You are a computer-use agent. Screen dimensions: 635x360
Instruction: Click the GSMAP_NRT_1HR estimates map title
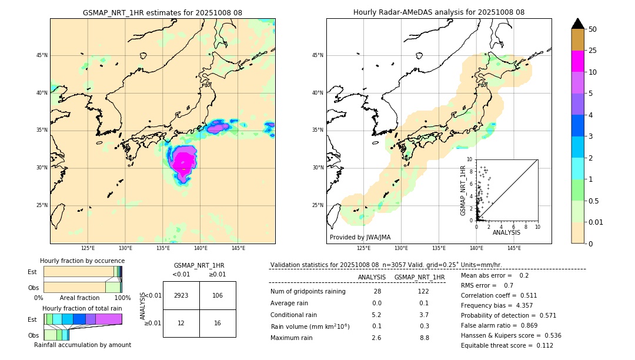[162, 12]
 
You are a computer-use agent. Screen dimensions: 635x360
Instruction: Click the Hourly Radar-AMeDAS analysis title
[439, 12]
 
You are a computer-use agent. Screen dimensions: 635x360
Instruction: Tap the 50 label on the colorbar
[593, 29]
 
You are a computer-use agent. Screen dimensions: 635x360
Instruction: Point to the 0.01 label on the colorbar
[595, 222]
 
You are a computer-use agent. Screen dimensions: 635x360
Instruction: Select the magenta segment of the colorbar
[578, 61]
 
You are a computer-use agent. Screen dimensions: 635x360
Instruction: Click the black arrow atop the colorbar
[578, 24]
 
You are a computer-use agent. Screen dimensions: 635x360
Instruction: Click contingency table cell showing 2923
[181, 295]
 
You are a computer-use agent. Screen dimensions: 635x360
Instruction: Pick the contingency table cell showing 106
[218, 295]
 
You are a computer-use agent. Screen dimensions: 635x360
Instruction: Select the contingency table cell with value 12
[181, 323]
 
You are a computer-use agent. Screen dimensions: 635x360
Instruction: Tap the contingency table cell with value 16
[218, 323]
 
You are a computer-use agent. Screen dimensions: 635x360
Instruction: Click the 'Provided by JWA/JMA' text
[360, 238]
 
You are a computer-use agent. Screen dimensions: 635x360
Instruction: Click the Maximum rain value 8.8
[424, 338]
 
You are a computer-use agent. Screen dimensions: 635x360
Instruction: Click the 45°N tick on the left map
[41, 55]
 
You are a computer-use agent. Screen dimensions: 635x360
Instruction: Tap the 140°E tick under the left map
[200, 248]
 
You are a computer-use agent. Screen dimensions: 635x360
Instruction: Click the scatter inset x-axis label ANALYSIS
[506, 233]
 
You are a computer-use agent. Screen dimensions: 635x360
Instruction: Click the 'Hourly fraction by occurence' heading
[82, 261]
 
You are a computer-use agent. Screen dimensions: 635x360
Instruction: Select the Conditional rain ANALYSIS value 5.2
[376, 315]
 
